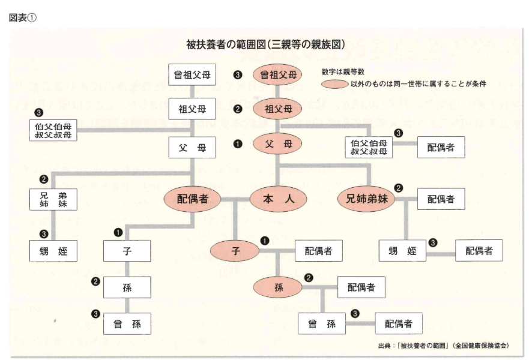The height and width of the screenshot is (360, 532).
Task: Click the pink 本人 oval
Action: (277, 200)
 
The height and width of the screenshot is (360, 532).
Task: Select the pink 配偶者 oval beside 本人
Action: (192, 200)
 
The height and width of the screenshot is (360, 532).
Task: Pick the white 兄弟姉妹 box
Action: (54, 200)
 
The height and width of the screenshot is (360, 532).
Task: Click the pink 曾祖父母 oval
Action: (277, 76)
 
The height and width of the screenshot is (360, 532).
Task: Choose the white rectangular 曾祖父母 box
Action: (192, 76)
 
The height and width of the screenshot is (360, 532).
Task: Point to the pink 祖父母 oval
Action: (277, 110)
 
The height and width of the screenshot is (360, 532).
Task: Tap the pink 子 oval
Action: (235, 251)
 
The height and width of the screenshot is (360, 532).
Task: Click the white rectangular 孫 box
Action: (127, 287)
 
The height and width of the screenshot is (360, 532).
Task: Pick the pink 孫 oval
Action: (278, 287)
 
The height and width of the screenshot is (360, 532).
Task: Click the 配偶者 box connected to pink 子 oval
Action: (318, 251)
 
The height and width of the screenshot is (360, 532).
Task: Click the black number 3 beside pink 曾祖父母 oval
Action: (238, 76)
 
